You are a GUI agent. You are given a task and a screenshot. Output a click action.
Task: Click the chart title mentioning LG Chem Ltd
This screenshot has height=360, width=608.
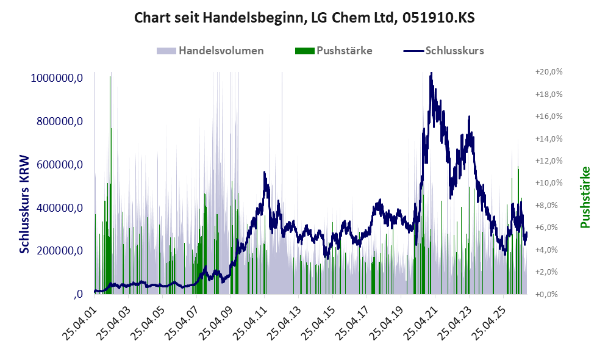(x=304, y=18)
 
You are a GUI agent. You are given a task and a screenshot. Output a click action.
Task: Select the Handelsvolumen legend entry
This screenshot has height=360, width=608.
(x=210, y=51)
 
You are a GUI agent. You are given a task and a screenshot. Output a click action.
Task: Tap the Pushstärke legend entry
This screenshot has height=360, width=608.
(x=334, y=51)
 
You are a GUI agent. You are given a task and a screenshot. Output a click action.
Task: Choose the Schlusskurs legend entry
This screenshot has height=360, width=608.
(x=443, y=51)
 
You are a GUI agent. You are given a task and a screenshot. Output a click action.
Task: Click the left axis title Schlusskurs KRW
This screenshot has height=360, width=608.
(x=24, y=204)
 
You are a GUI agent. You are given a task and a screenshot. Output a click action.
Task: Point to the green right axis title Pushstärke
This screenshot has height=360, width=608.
(x=585, y=197)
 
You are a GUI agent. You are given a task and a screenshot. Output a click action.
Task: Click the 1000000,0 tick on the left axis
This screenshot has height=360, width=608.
(x=57, y=78)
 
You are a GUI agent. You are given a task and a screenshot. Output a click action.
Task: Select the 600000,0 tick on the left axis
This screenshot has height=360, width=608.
(x=60, y=165)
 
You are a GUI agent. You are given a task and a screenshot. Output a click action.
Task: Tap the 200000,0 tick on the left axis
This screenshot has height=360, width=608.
(x=60, y=251)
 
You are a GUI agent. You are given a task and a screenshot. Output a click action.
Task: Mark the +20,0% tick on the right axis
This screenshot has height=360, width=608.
(x=549, y=72)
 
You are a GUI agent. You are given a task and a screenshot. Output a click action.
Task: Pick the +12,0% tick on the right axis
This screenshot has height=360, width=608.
(x=549, y=160)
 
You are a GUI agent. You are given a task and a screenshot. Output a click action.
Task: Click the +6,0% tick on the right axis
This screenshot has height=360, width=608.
(x=549, y=228)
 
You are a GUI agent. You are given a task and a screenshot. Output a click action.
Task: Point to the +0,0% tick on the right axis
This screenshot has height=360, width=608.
(x=549, y=294)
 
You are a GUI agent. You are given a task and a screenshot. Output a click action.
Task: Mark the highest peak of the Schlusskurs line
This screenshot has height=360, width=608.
(x=431, y=73)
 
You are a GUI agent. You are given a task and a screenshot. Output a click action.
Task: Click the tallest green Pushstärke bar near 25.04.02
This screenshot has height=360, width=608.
(x=110, y=185)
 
